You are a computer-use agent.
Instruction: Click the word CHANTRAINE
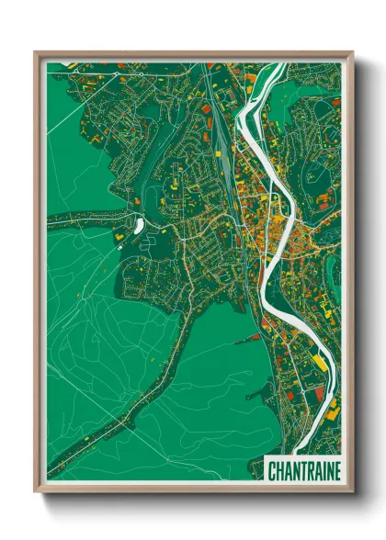click(x=303, y=471)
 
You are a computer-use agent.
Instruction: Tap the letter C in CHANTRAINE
click(x=272, y=471)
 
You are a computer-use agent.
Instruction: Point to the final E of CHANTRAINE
click(x=335, y=471)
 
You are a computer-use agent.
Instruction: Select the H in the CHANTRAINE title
click(x=279, y=471)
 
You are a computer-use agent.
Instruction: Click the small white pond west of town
click(x=139, y=224)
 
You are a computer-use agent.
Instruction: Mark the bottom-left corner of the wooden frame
click(x=36, y=493)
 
